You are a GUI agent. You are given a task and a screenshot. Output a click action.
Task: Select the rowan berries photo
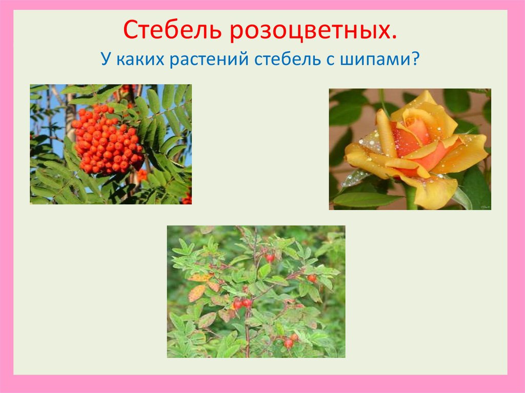tap(111, 144)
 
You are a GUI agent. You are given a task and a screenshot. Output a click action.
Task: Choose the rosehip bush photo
tap(256, 291)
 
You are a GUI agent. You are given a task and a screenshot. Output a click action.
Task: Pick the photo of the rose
tap(410, 149)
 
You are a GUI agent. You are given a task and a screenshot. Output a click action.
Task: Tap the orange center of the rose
tap(418, 138)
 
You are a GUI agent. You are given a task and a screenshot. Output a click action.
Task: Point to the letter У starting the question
tap(106, 60)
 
